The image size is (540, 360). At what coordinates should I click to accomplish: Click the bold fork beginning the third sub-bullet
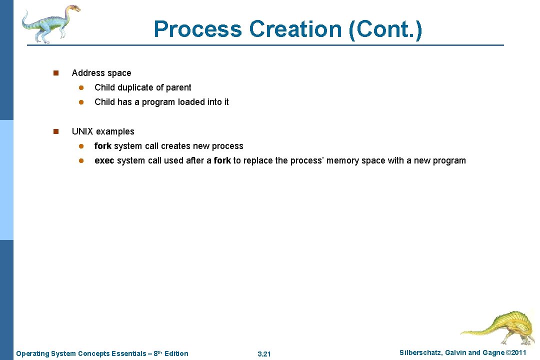click(x=102, y=146)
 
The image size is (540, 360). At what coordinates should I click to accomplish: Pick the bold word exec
click(x=104, y=160)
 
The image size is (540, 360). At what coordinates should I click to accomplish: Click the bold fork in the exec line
click(x=222, y=160)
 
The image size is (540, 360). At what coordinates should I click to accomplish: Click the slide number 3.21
click(x=264, y=354)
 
